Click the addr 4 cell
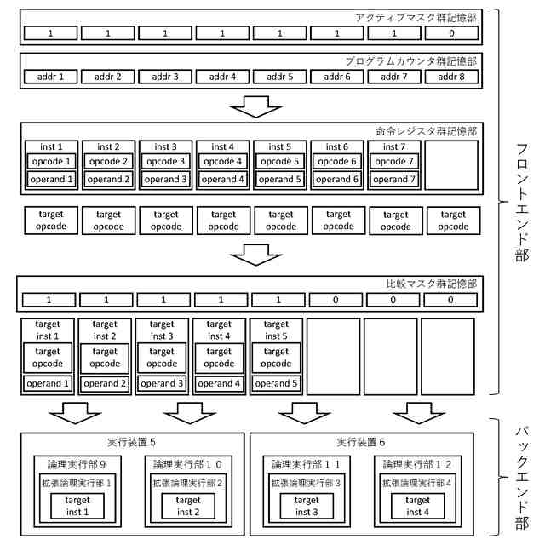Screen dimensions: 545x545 click(x=223, y=77)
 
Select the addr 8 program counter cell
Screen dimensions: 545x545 click(x=452, y=77)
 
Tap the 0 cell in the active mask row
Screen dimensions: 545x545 click(x=452, y=33)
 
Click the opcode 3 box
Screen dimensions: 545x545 click(x=166, y=161)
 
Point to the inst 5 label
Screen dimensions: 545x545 click(x=280, y=146)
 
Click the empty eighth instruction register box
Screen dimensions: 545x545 click(x=452, y=165)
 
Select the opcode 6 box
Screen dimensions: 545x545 click(x=338, y=161)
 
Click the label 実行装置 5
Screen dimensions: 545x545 click(x=132, y=442)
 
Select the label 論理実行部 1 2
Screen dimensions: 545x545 click(x=417, y=464)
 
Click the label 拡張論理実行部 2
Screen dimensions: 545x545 click(x=188, y=483)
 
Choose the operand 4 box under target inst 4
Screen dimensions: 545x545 click(x=219, y=383)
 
